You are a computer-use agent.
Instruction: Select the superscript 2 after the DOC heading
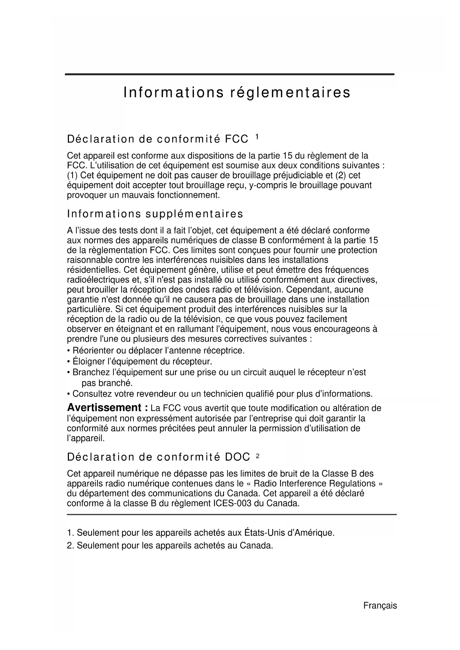pyautogui.click(x=258, y=456)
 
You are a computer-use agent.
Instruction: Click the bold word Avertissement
pyautogui.click(x=104, y=408)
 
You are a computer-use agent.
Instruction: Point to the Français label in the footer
pyautogui.click(x=380, y=606)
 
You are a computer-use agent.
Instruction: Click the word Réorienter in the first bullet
pyautogui.click(x=93, y=351)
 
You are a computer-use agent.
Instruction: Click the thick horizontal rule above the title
pyautogui.click(x=229, y=74)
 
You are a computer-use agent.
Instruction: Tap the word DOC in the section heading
pyautogui.click(x=237, y=457)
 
